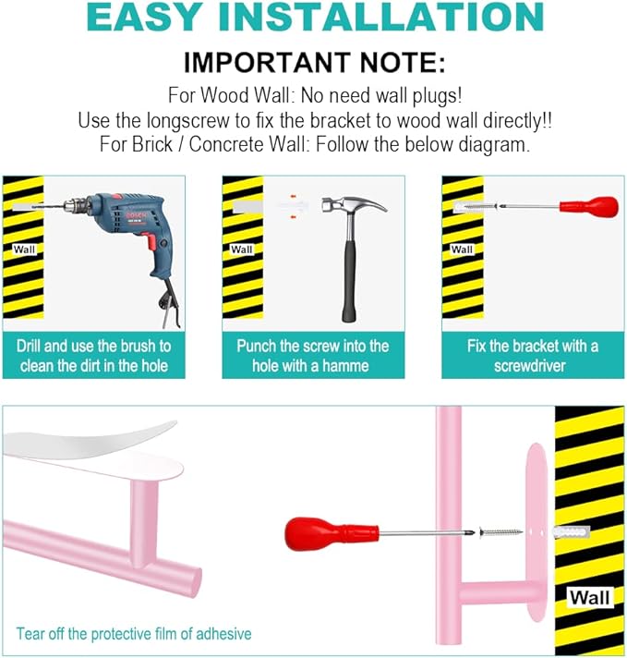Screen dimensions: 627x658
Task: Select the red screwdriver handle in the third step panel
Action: click(x=589, y=206)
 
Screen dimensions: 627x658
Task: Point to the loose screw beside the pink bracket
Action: click(x=500, y=532)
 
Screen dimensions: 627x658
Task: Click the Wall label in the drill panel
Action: click(x=24, y=250)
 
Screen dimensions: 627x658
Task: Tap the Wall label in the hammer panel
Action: click(x=242, y=250)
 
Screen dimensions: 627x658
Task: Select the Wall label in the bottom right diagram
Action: click(x=590, y=597)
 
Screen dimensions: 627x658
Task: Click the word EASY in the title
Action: click(x=143, y=17)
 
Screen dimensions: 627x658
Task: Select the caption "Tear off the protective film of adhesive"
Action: click(x=134, y=634)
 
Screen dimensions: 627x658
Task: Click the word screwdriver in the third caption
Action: click(x=530, y=366)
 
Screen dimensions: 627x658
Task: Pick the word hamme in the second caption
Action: click(x=345, y=366)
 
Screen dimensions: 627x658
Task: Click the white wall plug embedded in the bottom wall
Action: click(x=572, y=532)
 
